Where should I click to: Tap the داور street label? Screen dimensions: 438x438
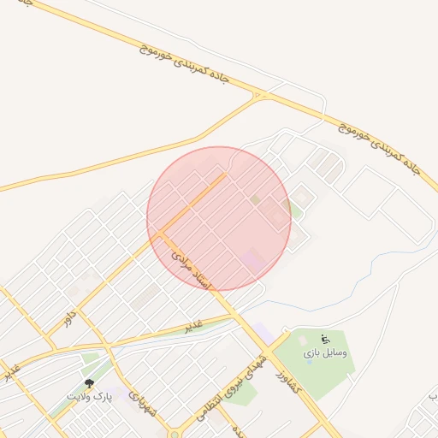tap(68, 318)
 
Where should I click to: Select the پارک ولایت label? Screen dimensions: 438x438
tap(89, 397)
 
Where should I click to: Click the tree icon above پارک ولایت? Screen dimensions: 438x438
tap(89, 384)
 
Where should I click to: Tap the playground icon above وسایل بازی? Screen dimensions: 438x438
tap(324, 339)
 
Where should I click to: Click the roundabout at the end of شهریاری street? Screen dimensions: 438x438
tap(175, 433)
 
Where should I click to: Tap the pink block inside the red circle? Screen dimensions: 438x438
tap(252, 258)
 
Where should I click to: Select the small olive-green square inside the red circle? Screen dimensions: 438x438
tap(255, 199)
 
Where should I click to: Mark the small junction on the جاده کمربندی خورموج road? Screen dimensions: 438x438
tap(257, 96)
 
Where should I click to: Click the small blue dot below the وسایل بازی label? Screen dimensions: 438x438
tap(309, 362)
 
